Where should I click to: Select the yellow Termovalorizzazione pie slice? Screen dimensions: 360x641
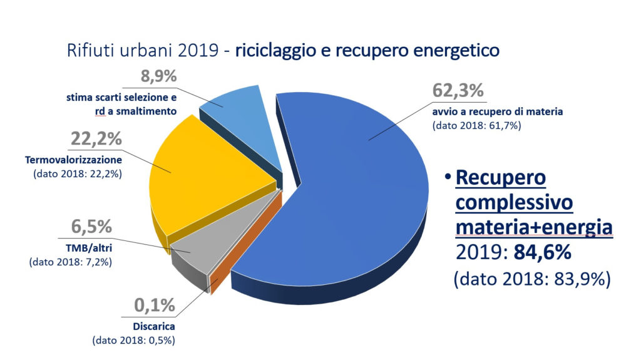[x=207, y=169]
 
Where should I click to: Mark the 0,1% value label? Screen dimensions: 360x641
[x=155, y=307]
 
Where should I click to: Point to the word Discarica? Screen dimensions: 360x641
[x=154, y=327]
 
